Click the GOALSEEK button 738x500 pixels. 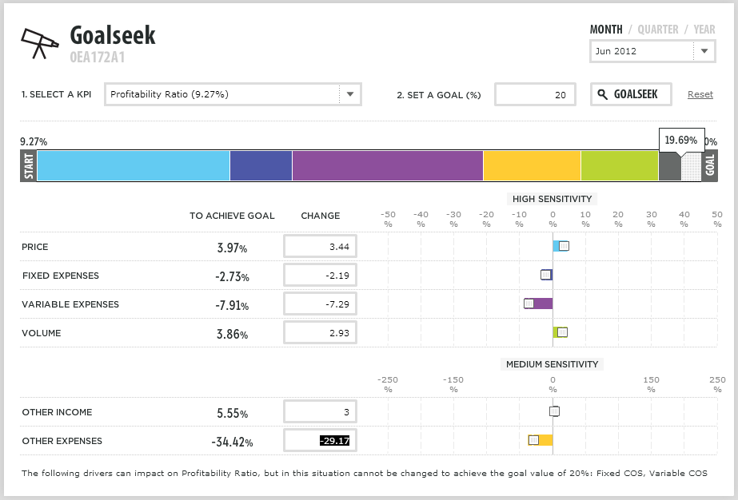(630, 94)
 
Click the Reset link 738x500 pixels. (700, 94)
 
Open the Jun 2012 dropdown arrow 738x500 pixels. (704, 51)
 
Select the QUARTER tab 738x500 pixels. (657, 30)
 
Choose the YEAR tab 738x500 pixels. (704, 30)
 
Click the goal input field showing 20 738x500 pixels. (535, 94)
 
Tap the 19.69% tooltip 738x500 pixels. (681, 140)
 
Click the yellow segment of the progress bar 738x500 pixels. (532, 165)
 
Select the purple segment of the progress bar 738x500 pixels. (387, 165)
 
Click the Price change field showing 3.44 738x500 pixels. (320, 247)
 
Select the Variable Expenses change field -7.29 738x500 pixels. (320, 304)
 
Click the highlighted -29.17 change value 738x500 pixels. (334, 441)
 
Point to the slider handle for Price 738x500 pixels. (564, 246)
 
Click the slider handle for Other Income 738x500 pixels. (554, 411)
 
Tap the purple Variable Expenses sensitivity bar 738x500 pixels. (542, 304)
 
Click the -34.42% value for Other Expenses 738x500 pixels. (232, 442)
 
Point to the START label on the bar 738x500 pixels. (29, 165)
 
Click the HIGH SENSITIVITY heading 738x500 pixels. (552, 199)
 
